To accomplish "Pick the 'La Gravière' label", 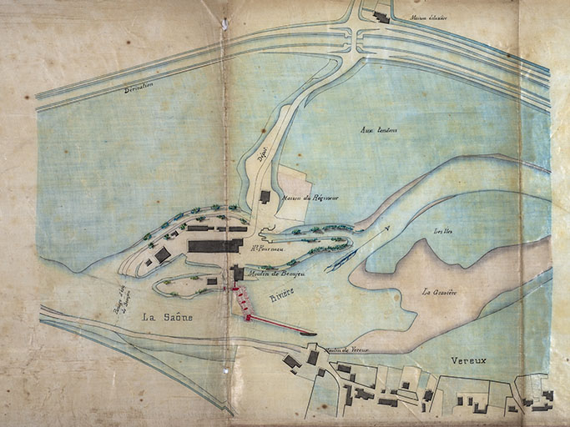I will (x=440, y=292).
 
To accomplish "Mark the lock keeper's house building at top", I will (x=381, y=16).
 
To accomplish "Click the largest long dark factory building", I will (x=215, y=246).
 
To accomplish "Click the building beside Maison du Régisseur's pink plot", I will (x=265, y=197).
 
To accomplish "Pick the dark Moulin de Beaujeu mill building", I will (x=238, y=273).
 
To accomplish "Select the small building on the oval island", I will (x=212, y=282).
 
